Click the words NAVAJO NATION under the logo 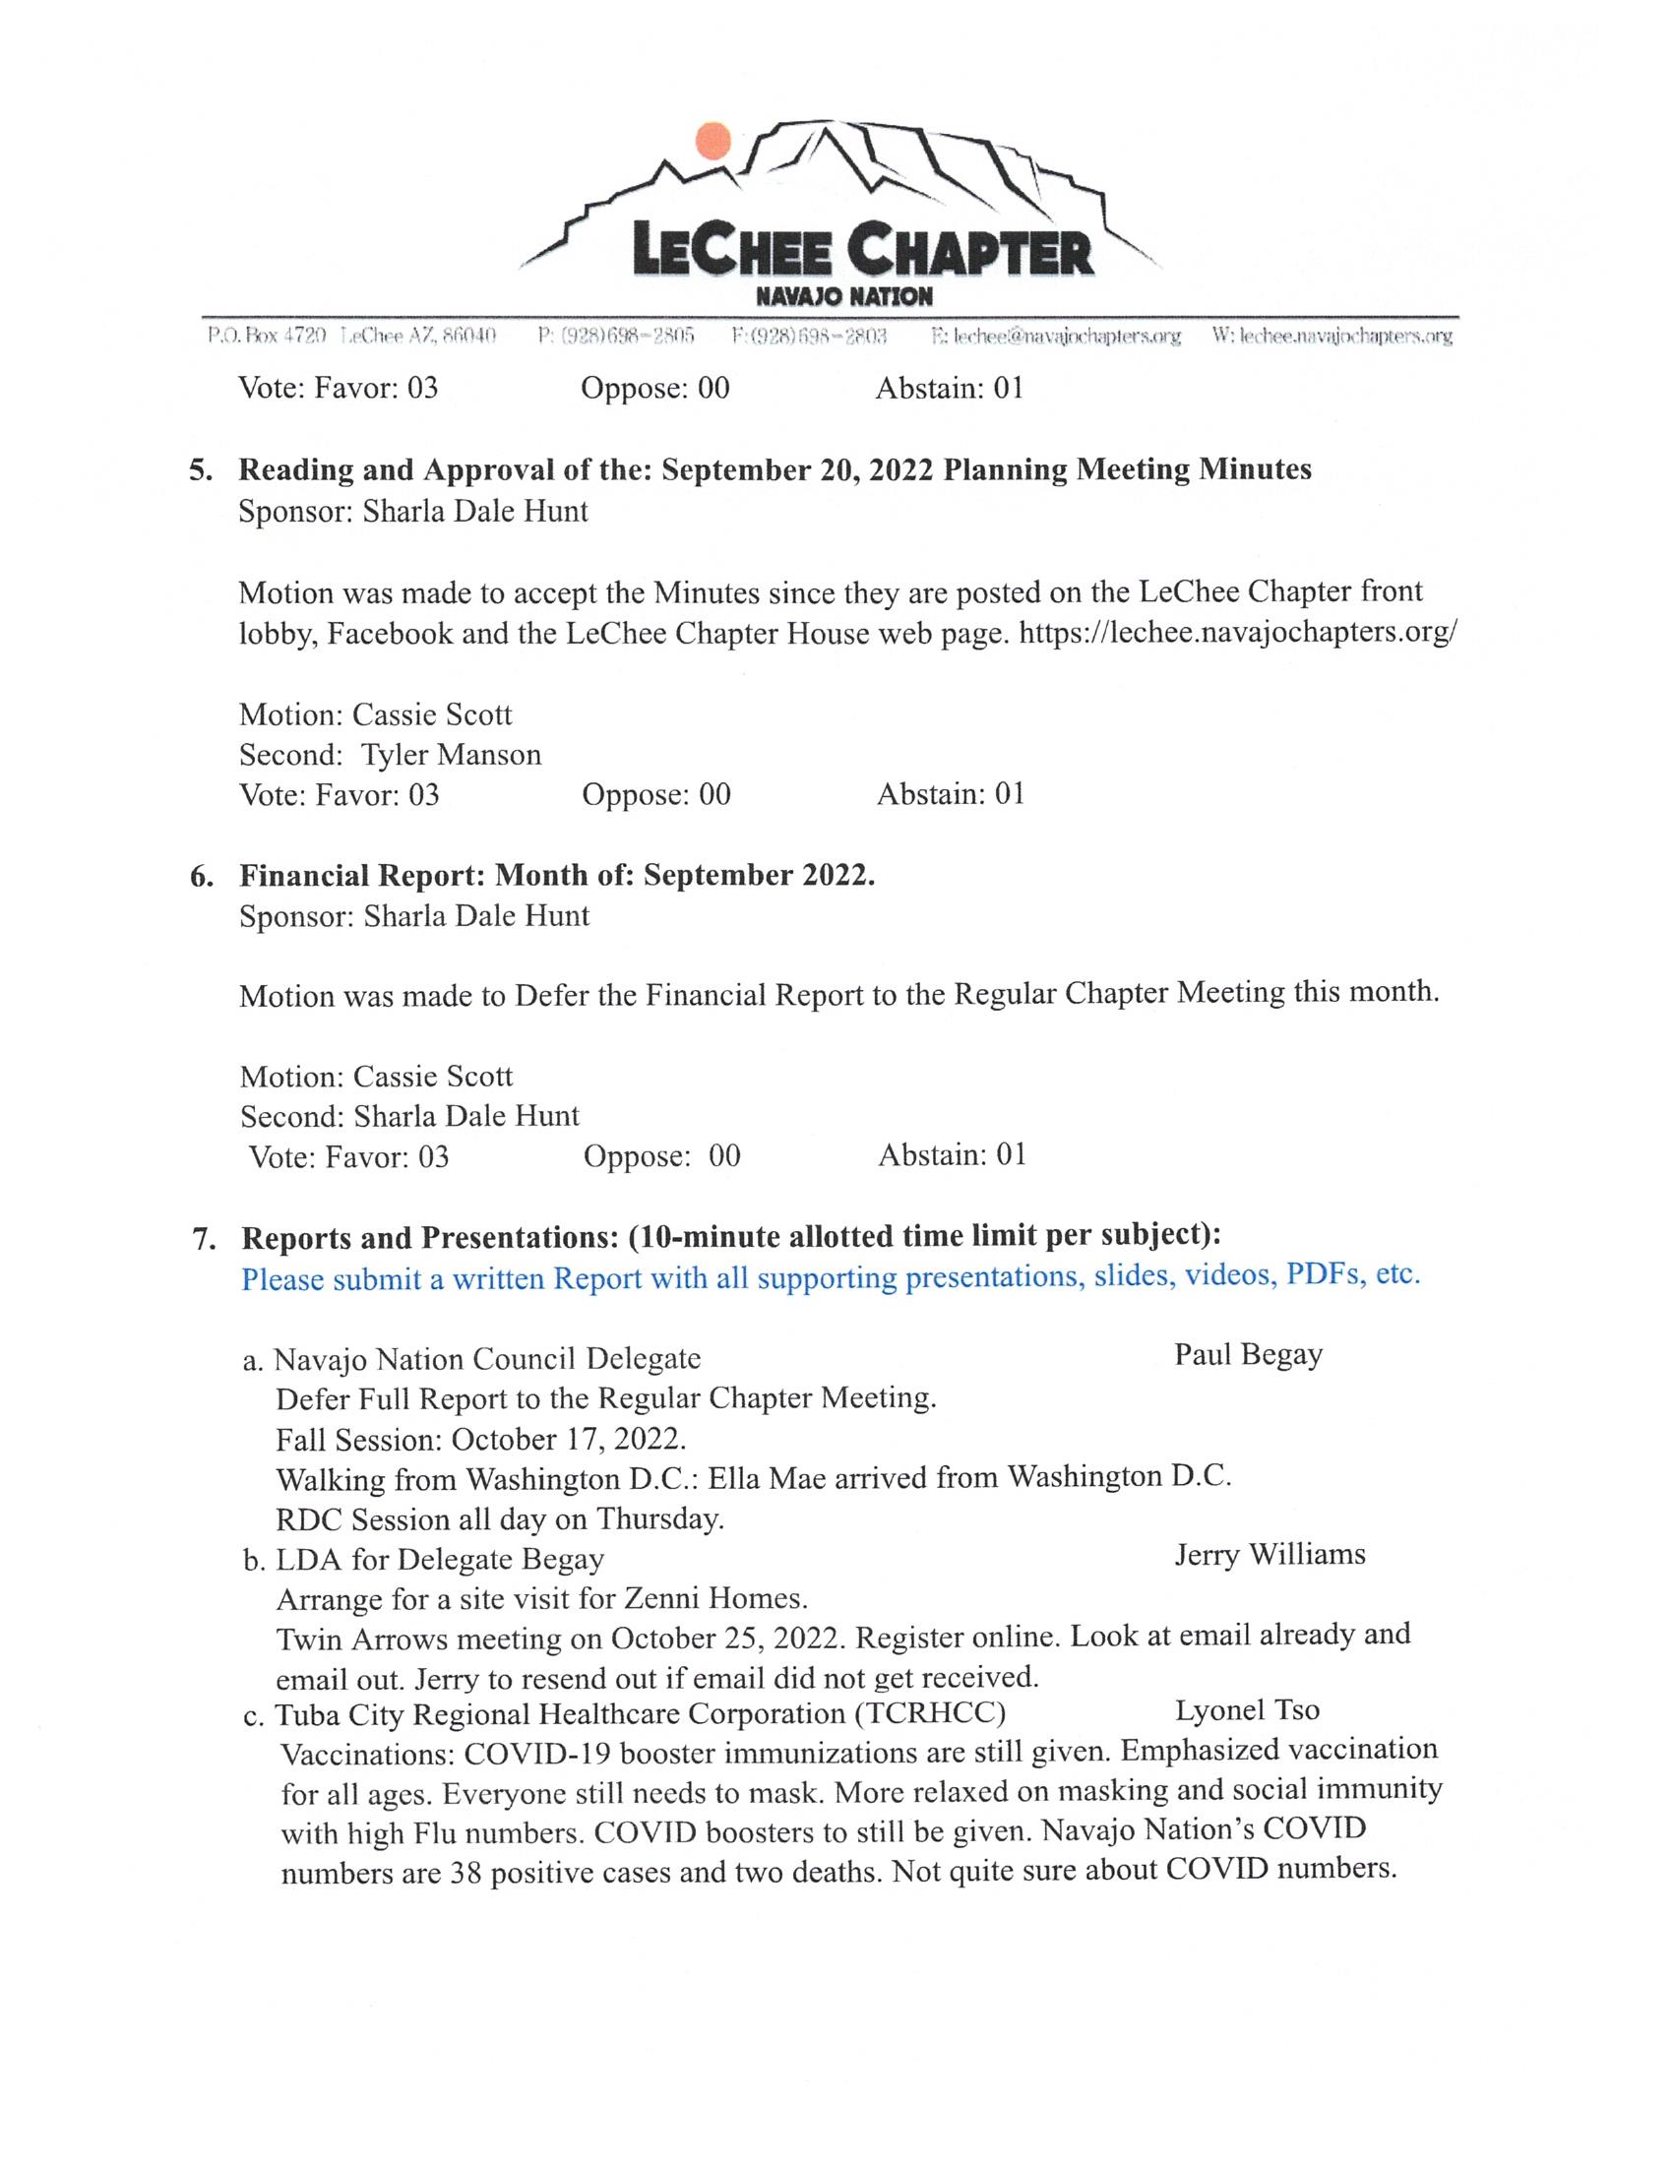843,296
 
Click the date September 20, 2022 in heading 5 797,468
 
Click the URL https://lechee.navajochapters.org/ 1238,632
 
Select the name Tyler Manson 451,756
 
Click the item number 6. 201,876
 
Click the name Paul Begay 1248,1355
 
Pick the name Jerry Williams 1270,1554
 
